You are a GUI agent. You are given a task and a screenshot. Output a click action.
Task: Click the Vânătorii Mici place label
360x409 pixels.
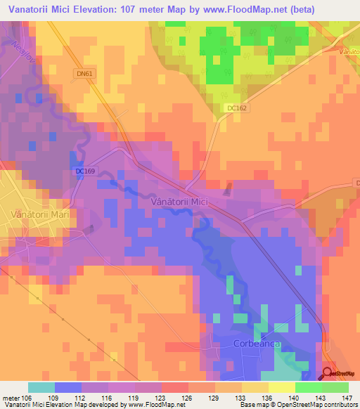pyautogui.click(x=179, y=202)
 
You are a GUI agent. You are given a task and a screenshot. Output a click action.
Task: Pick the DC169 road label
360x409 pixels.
pyautogui.click(x=84, y=171)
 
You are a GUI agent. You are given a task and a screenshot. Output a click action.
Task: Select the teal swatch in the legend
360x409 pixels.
pyautogui.click(x=41, y=387)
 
